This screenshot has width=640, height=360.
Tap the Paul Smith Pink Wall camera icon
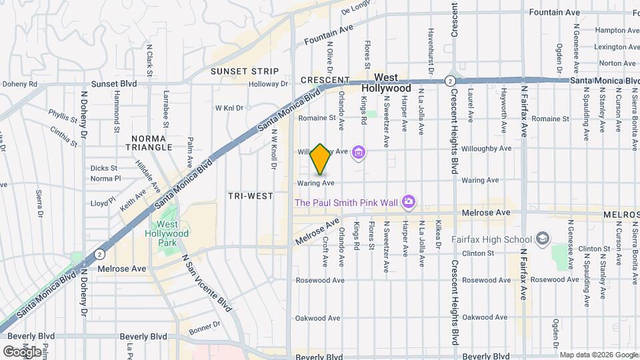tap(409, 201)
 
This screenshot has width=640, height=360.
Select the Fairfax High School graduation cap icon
tap(543, 239)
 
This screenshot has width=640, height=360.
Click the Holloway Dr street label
tap(268, 84)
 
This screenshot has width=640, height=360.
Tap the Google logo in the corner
tap(22, 351)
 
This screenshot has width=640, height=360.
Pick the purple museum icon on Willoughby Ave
tap(359, 153)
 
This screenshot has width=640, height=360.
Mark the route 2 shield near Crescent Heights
tap(451, 80)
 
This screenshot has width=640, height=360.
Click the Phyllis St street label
tap(63, 117)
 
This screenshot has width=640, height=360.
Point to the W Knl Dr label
tap(229, 107)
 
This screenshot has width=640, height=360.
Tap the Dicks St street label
tap(104, 168)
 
